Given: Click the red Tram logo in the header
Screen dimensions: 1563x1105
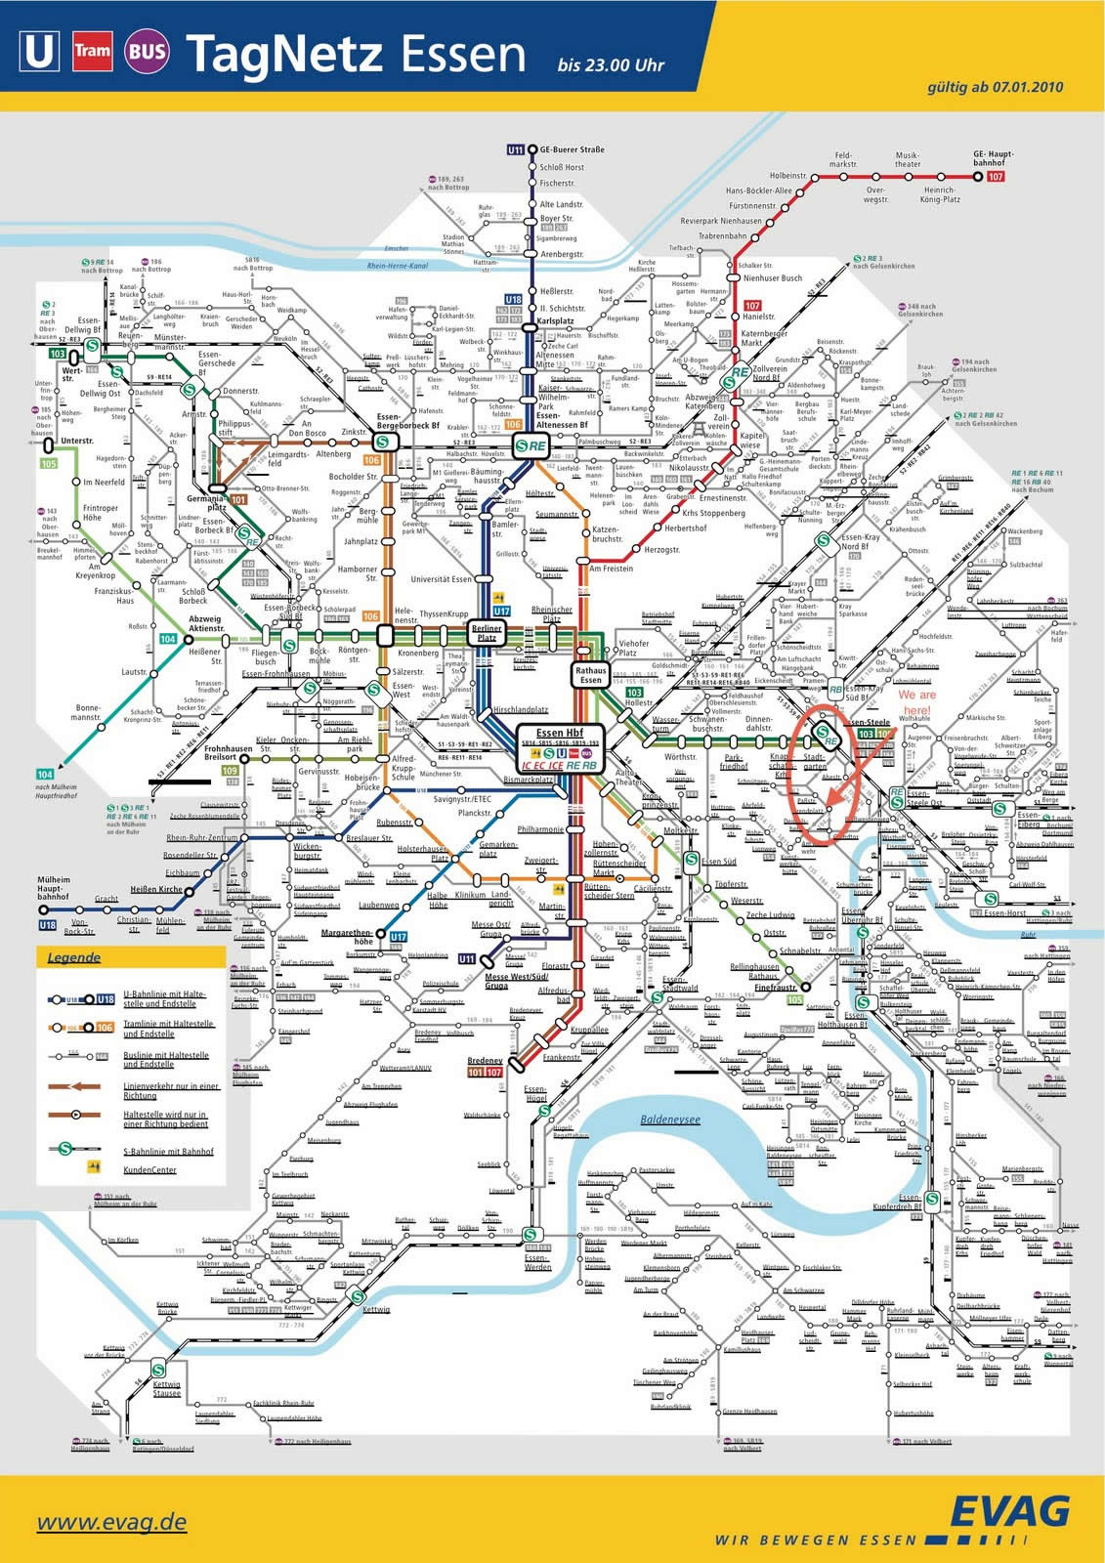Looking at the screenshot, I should (94, 53).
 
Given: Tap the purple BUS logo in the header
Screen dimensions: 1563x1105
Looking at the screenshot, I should (146, 53).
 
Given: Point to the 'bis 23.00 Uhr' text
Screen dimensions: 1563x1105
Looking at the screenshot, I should (611, 65).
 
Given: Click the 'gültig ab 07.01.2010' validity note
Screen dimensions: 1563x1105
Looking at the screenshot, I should (994, 88).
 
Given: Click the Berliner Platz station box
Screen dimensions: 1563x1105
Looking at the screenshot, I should (486, 631).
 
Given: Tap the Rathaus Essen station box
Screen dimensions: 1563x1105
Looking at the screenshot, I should (590, 674).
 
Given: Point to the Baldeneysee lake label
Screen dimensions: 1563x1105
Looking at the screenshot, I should (670, 1119).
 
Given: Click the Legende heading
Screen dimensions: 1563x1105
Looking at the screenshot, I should (74, 957).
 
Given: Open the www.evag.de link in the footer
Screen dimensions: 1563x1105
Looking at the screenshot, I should (111, 1521).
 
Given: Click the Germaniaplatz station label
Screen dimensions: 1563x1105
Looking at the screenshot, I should (206, 502).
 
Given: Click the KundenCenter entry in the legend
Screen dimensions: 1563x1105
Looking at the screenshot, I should (149, 1169).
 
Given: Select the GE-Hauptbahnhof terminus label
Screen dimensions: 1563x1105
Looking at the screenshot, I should (993, 158).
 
